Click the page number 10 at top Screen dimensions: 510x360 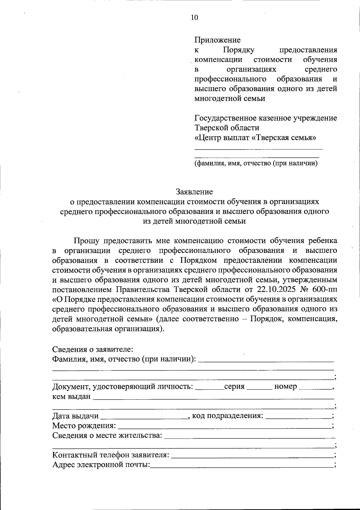click(194, 18)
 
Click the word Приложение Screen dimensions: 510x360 click(217, 40)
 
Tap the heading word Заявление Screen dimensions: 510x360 click(194, 191)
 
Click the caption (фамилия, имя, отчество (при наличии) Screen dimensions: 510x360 click(256, 163)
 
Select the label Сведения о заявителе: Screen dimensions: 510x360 click(92, 349)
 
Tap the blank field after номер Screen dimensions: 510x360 click(315, 387)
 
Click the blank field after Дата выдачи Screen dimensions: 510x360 click(144, 416)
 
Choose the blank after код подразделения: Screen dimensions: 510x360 click(298, 416)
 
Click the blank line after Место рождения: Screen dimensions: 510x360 click(225, 426)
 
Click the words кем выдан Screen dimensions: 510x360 click(71, 397)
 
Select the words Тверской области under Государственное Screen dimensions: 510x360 click(227, 128)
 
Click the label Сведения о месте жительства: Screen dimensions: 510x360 click(107, 435)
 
